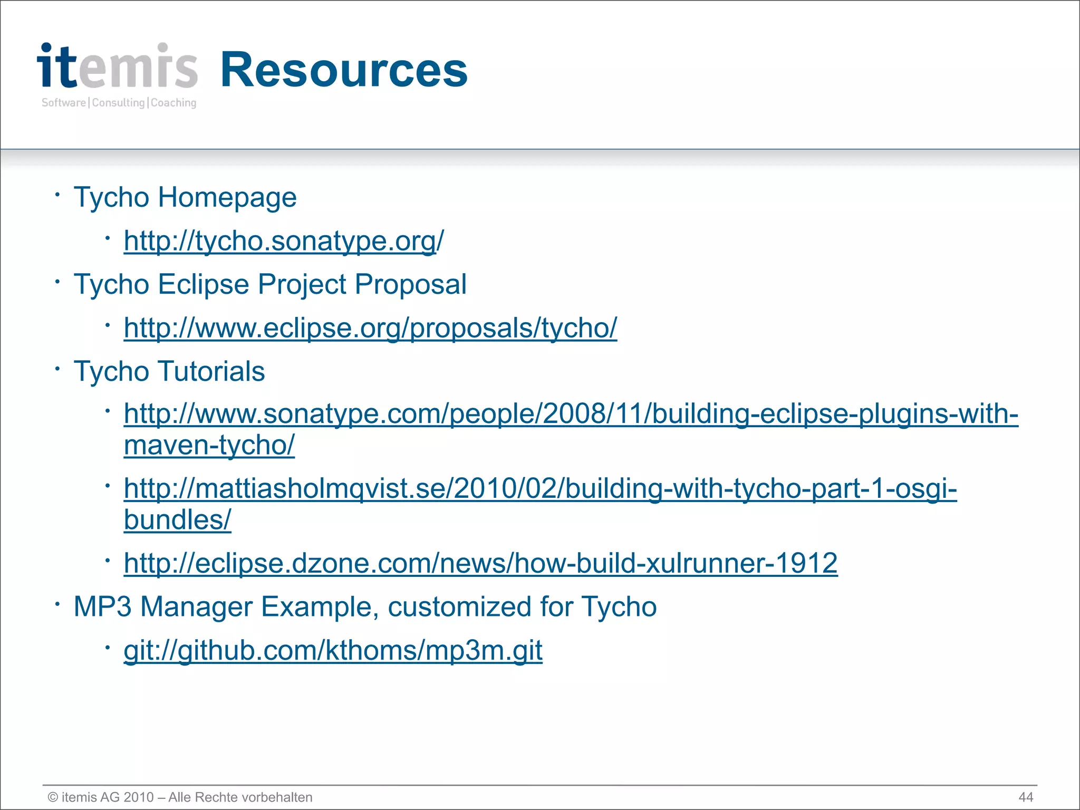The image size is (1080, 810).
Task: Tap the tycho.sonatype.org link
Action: (x=283, y=241)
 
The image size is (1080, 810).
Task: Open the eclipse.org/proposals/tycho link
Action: (x=370, y=328)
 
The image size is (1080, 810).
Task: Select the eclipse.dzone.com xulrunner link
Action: (x=480, y=563)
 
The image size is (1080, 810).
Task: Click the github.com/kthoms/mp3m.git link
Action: (x=333, y=650)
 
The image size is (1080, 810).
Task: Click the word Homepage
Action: (x=227, y=198)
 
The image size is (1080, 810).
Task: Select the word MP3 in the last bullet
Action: (x=102, y=606)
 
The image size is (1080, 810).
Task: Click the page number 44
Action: (x=1026, y=797)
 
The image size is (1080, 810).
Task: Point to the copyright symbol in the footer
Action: (x=53, y=797)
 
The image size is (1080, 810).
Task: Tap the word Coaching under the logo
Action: (x=173, y=103)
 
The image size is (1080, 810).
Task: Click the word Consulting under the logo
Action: (x=118, y=103)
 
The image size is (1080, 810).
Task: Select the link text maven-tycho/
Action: (x=209, y=446)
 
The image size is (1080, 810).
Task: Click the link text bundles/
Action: (x=177, y=520)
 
